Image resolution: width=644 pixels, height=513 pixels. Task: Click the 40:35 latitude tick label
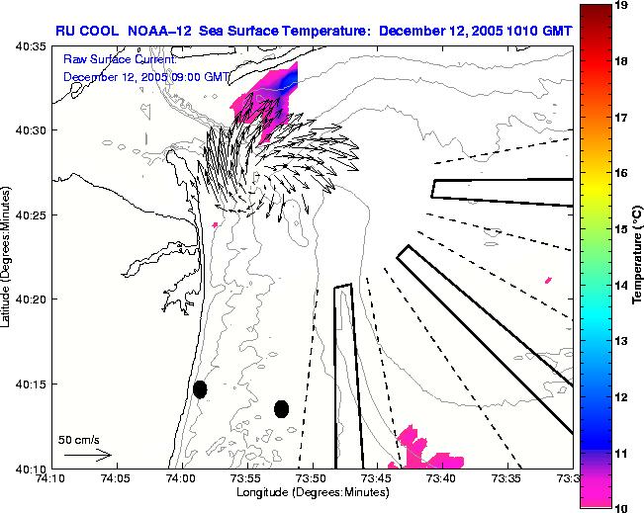32,46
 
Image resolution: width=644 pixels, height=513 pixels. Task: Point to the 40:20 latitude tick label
32,299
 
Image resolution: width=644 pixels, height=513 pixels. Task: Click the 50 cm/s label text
78,439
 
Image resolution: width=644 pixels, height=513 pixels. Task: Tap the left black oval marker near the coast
200,389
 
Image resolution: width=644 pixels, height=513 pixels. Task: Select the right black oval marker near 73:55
282,408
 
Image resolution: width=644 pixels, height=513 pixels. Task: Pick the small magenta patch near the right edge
548,280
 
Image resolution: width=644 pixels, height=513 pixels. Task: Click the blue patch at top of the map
286,79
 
